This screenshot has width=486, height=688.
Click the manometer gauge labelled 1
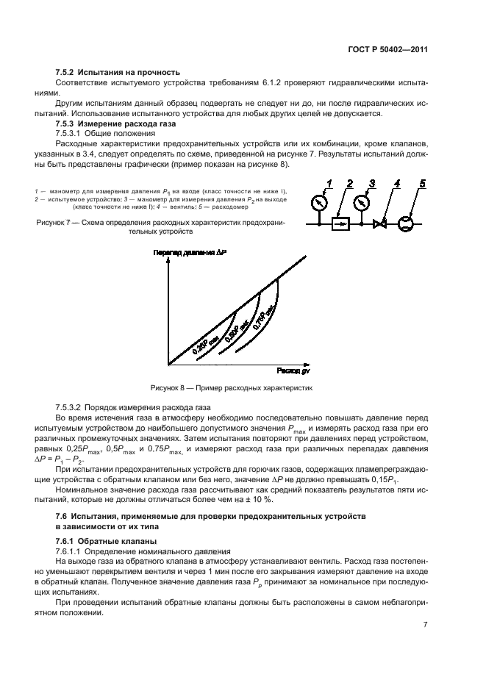coord(318,201)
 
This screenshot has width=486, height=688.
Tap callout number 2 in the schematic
coord(350,184)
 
